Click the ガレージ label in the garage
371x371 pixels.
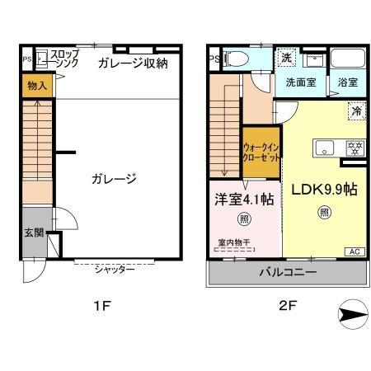(113, 178)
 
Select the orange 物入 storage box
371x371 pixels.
(36, 86)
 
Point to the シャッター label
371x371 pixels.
(115, 270)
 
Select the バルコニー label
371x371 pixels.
(286, 270)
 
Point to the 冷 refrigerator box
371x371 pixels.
(356, 110)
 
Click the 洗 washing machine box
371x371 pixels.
(286, 58)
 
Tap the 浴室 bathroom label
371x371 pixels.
(347, 82)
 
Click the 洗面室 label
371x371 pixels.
(300, 82)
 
